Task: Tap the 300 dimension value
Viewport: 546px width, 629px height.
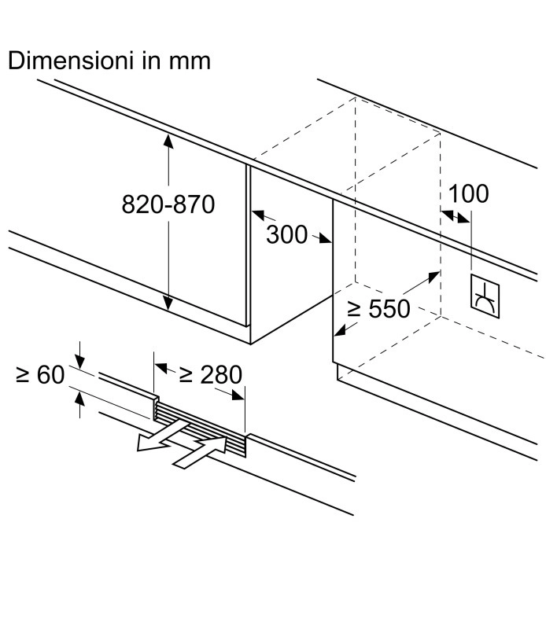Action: [286, 234]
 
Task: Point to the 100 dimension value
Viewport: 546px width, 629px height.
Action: [468, 193]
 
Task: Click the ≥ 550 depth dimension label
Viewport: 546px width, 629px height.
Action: [378, 309]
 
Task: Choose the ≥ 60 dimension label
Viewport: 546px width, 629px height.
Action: [39, 375]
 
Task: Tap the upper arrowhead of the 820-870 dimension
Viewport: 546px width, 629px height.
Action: [168, 140]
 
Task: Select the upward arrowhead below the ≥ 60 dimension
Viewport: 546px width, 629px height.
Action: [79, 397]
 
